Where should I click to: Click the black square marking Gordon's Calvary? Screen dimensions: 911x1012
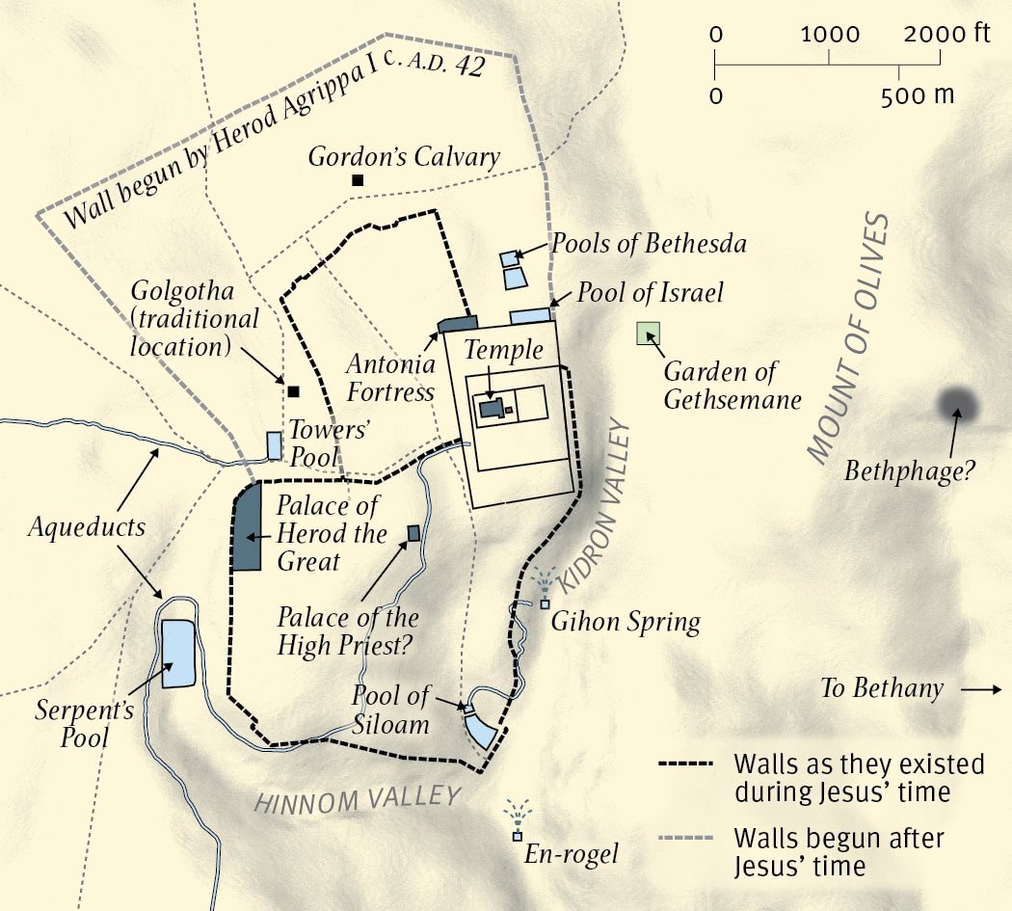358,180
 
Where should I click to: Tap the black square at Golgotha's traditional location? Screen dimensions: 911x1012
293,391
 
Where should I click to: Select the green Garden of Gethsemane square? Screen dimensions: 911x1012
648,334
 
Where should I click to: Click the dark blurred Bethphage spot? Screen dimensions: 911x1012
957,405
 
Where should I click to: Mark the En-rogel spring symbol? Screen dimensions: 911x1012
518,834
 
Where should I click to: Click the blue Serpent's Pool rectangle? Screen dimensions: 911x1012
177,654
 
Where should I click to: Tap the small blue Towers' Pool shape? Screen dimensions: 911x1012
275,445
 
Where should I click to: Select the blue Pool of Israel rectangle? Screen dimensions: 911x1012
528,315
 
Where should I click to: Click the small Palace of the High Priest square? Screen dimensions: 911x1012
413,533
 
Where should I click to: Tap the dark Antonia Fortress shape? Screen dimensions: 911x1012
459,324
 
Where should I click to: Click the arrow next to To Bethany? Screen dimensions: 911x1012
982,689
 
